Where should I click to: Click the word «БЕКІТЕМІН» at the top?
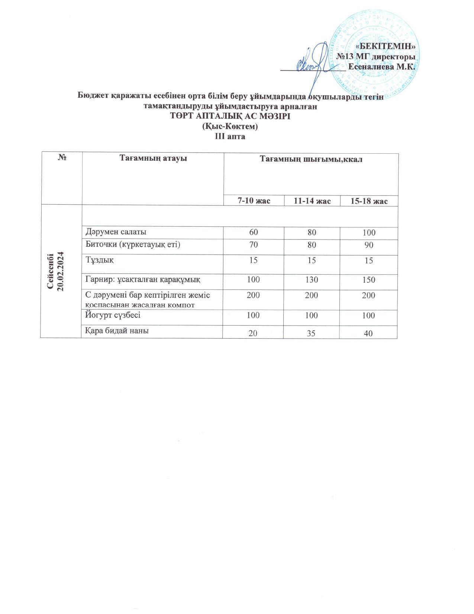(386, 47)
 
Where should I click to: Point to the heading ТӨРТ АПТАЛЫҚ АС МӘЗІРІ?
(230, 116)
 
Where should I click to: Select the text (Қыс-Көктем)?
(230, 127)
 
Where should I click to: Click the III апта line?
(230, 136)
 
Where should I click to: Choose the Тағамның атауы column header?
(153, 158)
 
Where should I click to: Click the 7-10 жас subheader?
(254, 201)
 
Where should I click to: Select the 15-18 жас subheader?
(369, 201)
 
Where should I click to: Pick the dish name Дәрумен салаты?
(116, 232)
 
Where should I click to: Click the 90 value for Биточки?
(368, 245)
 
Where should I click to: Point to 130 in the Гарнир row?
(312, 279)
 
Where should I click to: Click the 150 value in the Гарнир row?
(368, 279)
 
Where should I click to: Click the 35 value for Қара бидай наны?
(312, 333)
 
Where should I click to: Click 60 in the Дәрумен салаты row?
(254, 233)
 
